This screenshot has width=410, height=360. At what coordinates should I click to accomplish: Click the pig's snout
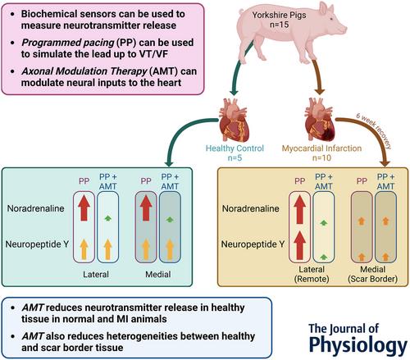point(344,28)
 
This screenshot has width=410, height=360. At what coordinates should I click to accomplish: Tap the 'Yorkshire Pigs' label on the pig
point(279,15)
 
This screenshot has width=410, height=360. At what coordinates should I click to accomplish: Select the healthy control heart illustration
point(234,120)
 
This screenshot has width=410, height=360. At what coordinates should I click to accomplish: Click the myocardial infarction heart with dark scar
point(320,120)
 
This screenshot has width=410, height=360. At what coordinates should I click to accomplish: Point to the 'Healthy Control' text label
point(235,148)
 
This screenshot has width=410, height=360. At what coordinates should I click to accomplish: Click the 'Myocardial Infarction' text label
point(321,148)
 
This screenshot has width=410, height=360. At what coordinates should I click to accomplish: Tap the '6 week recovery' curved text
point(375,129)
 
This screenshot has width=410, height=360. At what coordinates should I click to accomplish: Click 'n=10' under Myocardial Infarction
point(321,157)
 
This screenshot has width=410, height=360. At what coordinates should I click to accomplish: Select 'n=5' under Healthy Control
point(235,157)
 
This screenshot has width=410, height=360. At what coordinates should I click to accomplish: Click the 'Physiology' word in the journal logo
point(358,345)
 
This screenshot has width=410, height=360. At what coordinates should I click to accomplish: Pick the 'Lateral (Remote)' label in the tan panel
point(312,274)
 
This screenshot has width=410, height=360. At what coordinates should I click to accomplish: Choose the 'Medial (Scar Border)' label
point(372,274)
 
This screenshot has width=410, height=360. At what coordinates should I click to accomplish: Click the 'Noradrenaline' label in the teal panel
point(35,208)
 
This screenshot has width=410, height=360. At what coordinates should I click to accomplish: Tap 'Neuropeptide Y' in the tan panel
point(253,244)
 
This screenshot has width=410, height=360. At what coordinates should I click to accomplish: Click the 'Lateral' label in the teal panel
point(96,274)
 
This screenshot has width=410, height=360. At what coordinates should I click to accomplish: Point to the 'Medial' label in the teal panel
point(158,274)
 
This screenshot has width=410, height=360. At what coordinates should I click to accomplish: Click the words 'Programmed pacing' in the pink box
point(68,43)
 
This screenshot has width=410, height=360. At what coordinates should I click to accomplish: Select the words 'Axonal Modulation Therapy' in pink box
point(84,71)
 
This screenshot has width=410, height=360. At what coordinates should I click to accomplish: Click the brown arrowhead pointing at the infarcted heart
point(320,92)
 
